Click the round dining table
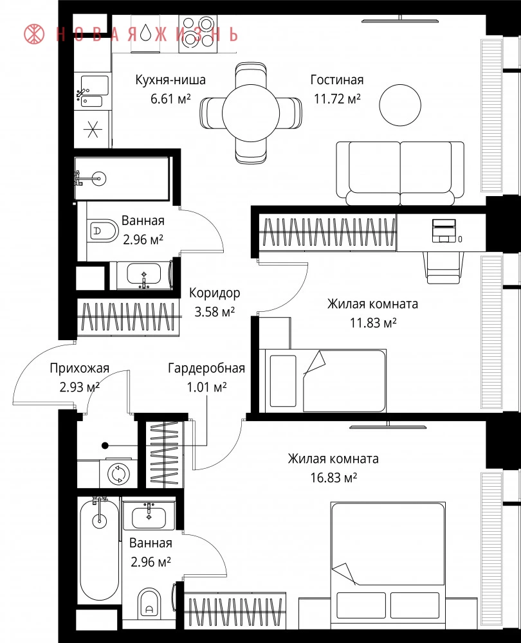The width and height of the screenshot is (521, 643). coord(251,113)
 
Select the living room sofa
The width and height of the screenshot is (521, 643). coord(400,174)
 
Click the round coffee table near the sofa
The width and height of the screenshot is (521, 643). coord(400,105)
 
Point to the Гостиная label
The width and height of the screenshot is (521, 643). coord(337,80)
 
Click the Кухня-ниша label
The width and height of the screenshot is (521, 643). coord(170,80)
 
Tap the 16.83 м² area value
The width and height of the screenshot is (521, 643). coord(334,478)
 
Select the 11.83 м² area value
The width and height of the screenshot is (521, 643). coord(373,323)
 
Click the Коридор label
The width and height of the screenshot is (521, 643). coord(215,293)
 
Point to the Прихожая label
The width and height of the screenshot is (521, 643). coord(80,368)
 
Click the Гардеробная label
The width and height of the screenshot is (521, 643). coord(206,368)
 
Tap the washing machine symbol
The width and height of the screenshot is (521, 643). coord(119,474)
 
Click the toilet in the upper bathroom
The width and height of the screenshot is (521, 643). coord(103,230)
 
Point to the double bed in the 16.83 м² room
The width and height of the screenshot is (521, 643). coord(388,565)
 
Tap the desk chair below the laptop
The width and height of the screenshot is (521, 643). coord(443,267)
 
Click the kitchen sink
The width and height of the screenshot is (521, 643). coord(94,91)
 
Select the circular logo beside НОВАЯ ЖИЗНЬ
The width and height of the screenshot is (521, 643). coord(35,33)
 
